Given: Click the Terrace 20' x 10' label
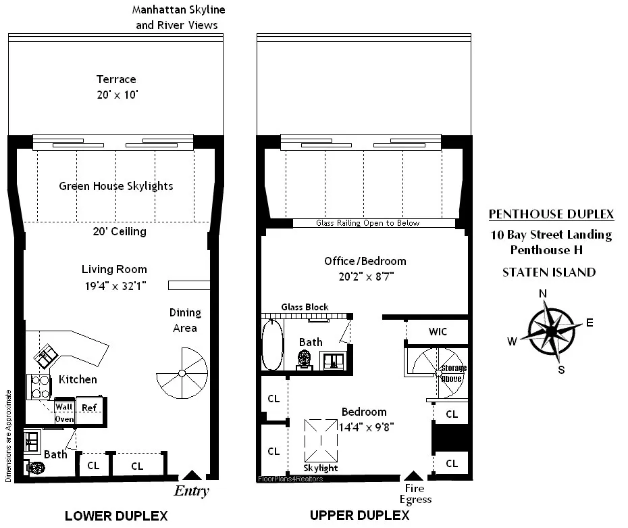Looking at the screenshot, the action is pos(116,87).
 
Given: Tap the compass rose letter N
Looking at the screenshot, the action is pos(543,293).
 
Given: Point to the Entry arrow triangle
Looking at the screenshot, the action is pos(192,476).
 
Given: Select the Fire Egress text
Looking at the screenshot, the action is pos(415,494).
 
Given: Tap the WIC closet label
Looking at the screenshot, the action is pos(438,332).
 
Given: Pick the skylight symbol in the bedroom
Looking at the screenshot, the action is pos(320,439).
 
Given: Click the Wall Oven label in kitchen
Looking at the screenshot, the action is pos(65,412).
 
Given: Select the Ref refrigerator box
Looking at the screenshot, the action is pos(88,407).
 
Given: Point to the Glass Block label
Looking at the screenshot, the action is pos(307,307).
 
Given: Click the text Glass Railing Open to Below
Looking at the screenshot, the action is pos(368,223).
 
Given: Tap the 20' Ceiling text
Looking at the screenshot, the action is pos(120,231).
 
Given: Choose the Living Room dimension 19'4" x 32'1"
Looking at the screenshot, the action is pos(114,285).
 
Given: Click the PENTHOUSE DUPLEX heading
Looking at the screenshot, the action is pos(551,214).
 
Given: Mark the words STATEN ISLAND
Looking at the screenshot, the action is pos(549,272).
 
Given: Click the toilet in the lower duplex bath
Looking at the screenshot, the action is pos(35,468).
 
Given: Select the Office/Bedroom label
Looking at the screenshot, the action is pos(365,261).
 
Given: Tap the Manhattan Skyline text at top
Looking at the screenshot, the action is pos(178,11).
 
